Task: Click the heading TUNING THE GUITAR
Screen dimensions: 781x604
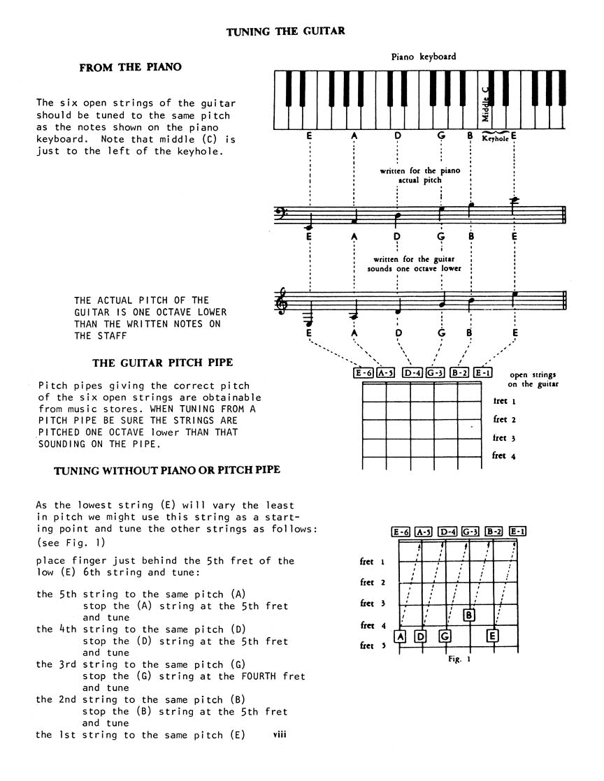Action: tap(286, 31)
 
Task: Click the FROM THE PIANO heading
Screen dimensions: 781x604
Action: tap(131, 68)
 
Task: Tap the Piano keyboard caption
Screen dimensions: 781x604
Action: tap(424, 57)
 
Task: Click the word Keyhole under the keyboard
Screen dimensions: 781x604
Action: tap(496, 138)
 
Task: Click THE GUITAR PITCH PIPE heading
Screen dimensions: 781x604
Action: tap(163, 363)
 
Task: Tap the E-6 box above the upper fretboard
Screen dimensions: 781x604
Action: tap(364, 373)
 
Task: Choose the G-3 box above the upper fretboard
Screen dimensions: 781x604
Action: tap(436, 373)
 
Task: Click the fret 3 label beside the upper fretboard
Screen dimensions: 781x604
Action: tap(500, 438)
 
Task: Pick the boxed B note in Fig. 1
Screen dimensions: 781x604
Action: tap(470, 615)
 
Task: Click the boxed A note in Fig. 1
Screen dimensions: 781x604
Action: tap(400, 636)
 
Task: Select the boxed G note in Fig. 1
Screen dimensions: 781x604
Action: tap(445, 636)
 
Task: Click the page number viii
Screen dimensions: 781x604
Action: tap(280, 734)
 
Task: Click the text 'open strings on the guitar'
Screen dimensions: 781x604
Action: tap(533, 379)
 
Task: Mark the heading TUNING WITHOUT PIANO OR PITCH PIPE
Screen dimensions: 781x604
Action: tap(167, 470)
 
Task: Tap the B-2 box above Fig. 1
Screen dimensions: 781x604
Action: tap(494, 532)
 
